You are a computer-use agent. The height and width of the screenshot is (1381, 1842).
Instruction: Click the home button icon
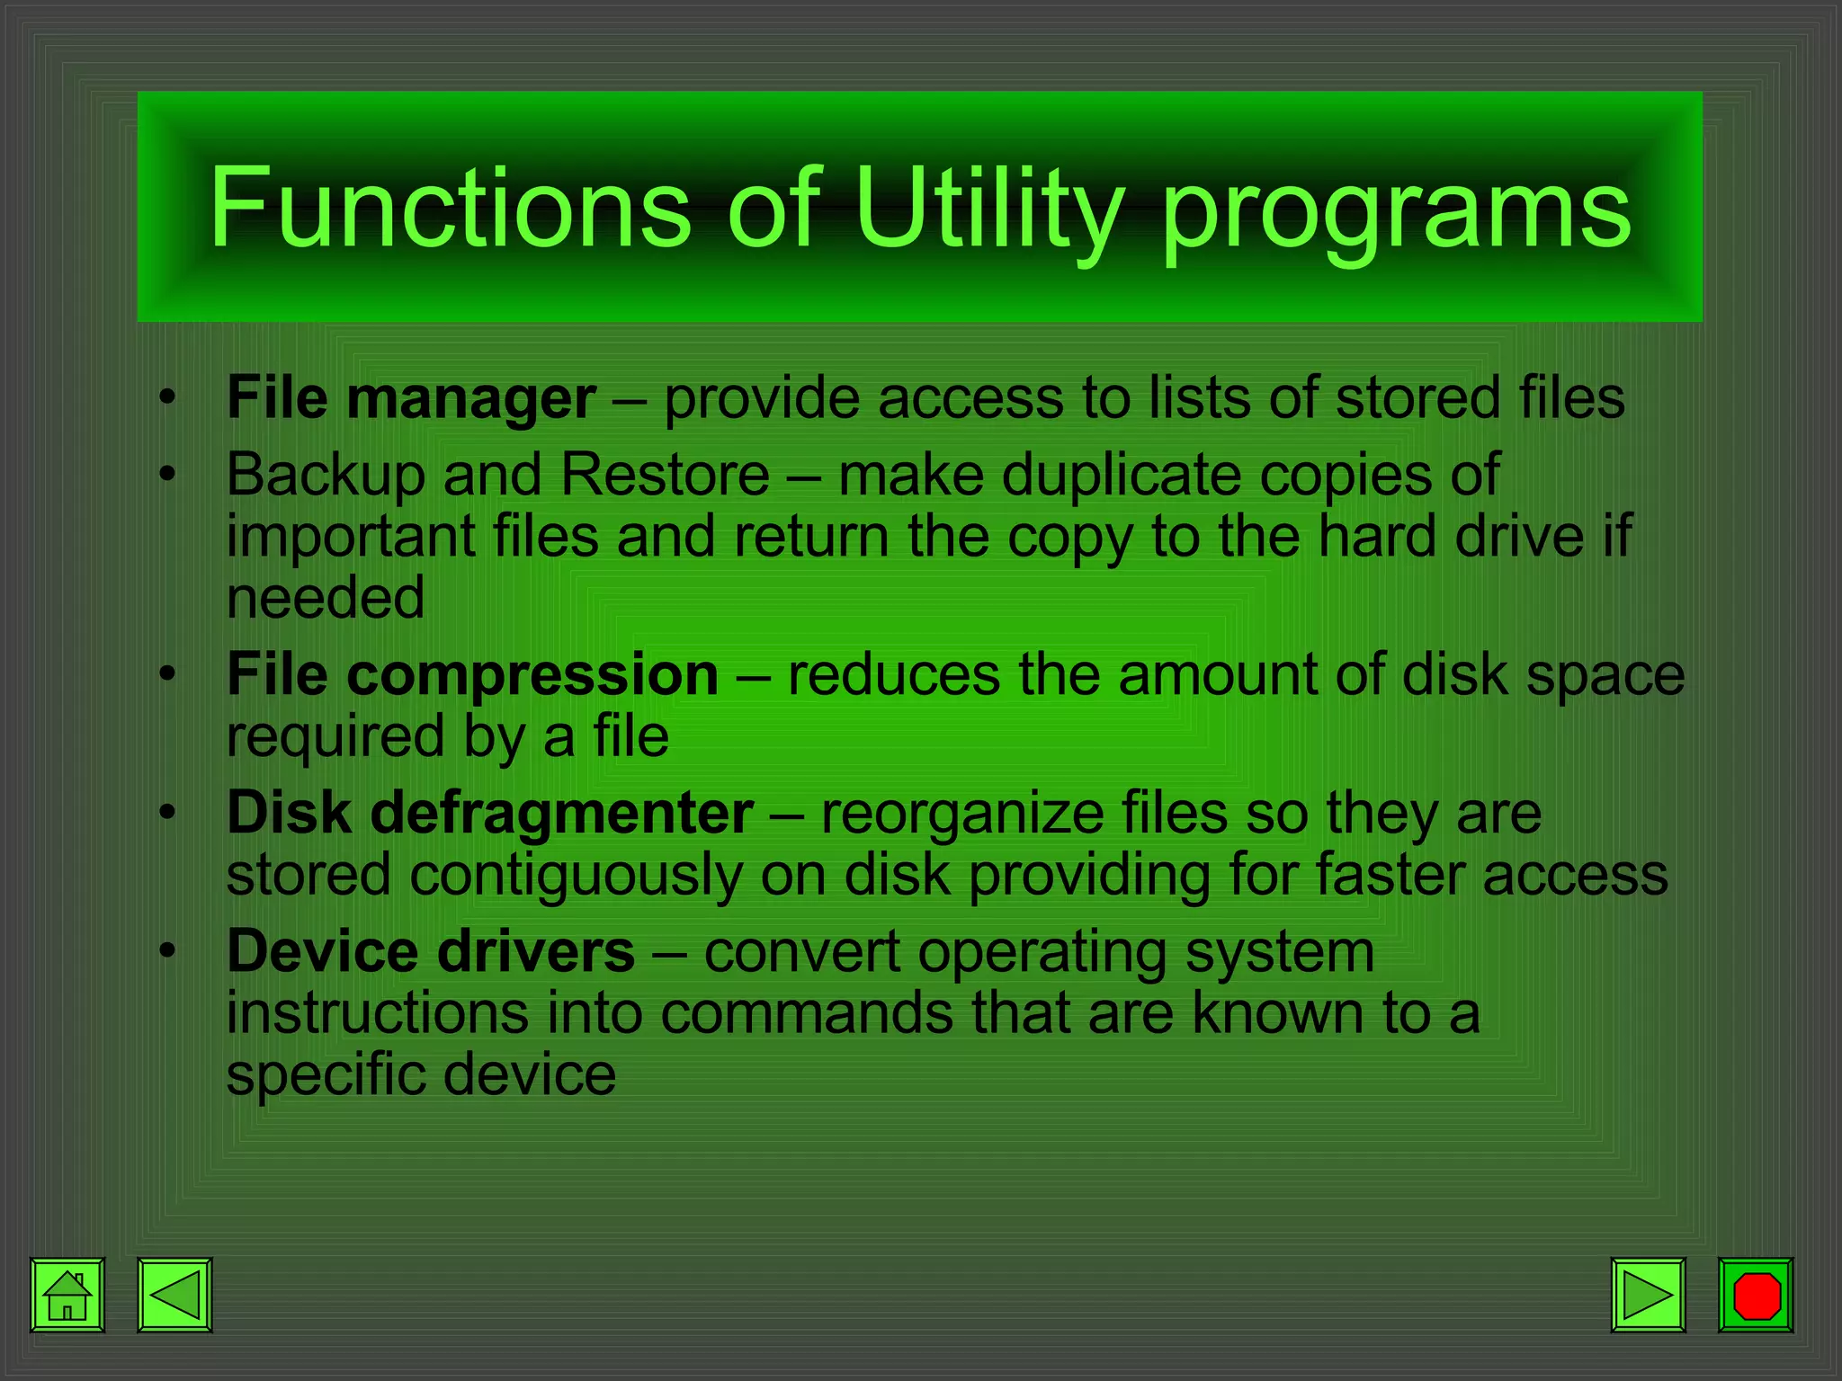click(x=67, y=1295)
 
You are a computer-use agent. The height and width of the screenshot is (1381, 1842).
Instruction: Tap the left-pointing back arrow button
click(x=174, y=1295)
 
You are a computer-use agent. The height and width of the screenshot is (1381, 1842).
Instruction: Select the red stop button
click(x=1756, y=1295)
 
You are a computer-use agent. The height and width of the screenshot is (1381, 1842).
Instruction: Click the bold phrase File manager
click(x=411, y=398)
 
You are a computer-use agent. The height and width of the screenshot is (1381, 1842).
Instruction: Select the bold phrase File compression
click(x=472, y=674)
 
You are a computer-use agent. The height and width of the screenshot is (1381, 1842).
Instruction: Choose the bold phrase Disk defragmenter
click(x=490, y=813)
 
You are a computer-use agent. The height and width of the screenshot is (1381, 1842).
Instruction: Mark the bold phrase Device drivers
click(x=431, y=951)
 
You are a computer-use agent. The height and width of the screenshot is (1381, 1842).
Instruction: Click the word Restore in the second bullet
click(x=666, y=475)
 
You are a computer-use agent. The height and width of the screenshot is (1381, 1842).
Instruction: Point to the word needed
click(x=326, y=599)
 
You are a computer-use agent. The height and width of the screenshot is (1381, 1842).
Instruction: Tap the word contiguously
click(x=576, y=876)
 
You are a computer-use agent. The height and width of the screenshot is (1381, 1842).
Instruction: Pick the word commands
click(x=807, y=1013)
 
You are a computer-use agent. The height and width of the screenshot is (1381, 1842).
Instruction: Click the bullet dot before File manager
click(x=165, y=398)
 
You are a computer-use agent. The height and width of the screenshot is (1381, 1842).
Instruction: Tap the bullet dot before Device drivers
click(x=165, y=952)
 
